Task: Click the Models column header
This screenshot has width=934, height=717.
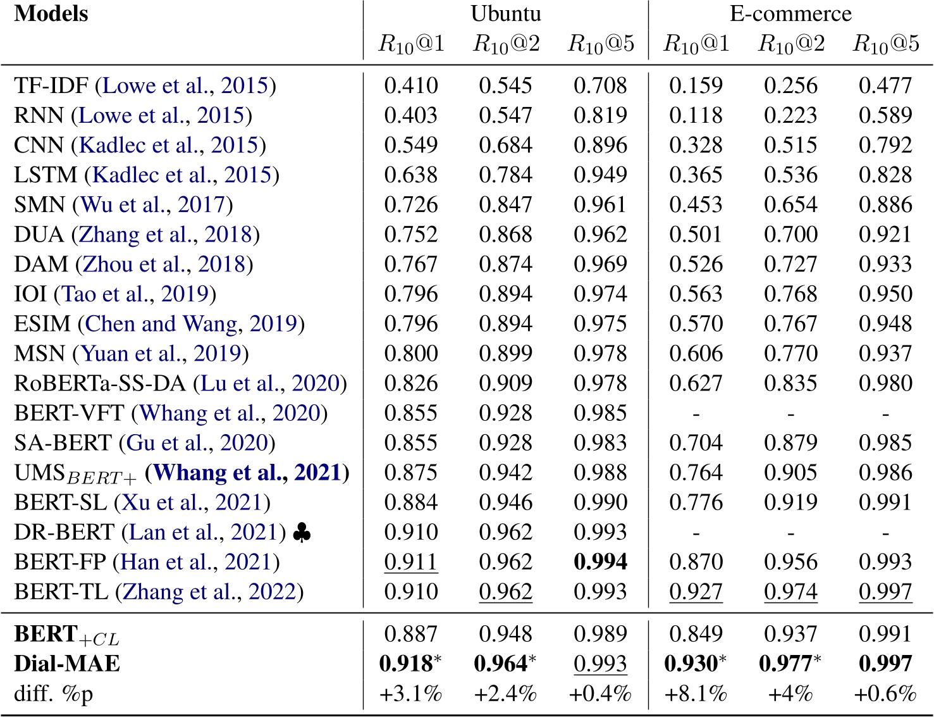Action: (x=51, y=14)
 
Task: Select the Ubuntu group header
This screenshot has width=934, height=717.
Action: (x=505, y=14)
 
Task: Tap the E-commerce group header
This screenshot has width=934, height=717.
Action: (x=790, y=14)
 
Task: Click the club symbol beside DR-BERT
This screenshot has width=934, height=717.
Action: (x=302, y=533)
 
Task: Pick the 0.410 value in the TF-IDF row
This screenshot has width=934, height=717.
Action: (x=410, y=85)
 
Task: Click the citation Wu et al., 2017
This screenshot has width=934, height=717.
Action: (x=152, y=204)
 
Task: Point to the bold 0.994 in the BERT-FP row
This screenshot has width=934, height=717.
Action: (x=600, y=562)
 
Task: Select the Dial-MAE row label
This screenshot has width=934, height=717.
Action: (x=67, y=664)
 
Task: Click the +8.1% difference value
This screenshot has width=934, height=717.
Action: (x=696, y=694)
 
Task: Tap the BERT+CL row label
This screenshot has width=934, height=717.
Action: (x=66, y=634)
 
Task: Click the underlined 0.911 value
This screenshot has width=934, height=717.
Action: (x=410, y=562)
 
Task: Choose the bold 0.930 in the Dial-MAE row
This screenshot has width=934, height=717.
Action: (x=691, y=664)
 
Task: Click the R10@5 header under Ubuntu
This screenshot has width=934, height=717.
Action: (x=601, y=44)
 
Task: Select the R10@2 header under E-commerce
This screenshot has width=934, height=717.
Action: (x=791, y=44)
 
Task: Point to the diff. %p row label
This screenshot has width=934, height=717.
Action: (x=54, y=694)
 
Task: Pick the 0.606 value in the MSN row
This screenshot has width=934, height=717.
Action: (x=696, y=353)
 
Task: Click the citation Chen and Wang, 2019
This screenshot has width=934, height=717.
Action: (x=191, y=323)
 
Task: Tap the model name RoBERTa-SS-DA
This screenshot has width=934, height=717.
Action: (x=100, y=383)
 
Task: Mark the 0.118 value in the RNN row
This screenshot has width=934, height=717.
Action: (x=696, y=115)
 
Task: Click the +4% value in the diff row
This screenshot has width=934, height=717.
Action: (x=790, y=694)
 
